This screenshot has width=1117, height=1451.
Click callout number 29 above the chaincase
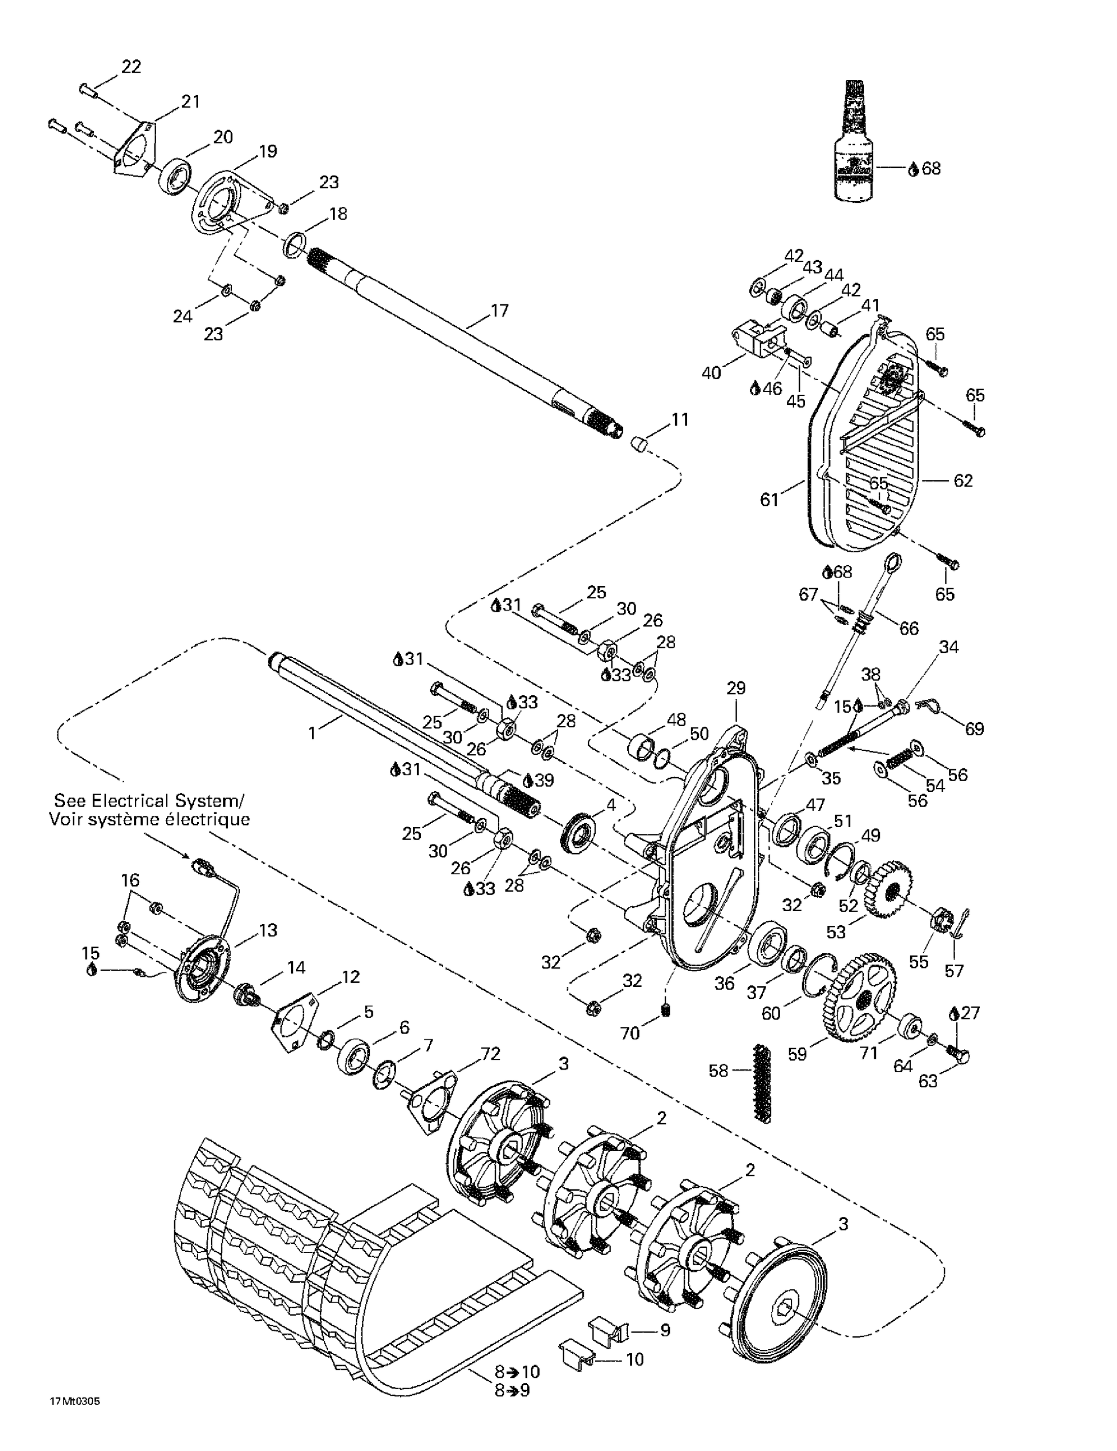(736, 688)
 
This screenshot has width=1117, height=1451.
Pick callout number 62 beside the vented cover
(962, 480)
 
